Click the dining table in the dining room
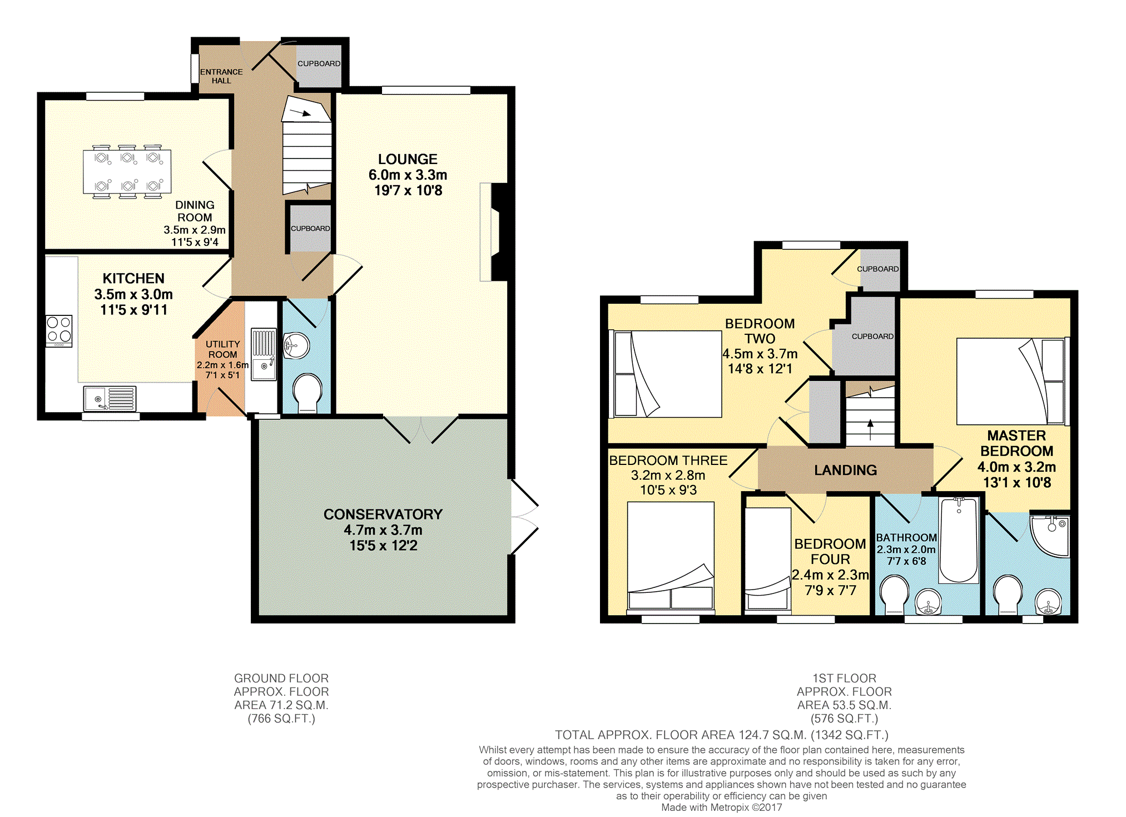(127, 171)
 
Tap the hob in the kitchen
(59, 330)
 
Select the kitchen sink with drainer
(110, 399)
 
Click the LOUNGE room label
(408, 159)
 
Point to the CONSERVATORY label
(383, 514)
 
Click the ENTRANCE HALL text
(221, 76)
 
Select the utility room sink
(263, 354)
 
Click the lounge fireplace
(494, 232)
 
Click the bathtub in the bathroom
(959, 540)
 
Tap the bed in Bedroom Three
(671, 555)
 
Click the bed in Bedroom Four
(768, 558)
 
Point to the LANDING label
(845, 471)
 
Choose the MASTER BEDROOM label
(1016, 443)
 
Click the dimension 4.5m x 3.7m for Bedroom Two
(760, 354)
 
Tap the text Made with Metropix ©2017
(721, 808)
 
